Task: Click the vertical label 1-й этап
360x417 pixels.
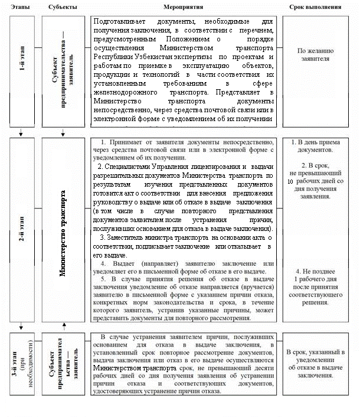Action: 21,70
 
